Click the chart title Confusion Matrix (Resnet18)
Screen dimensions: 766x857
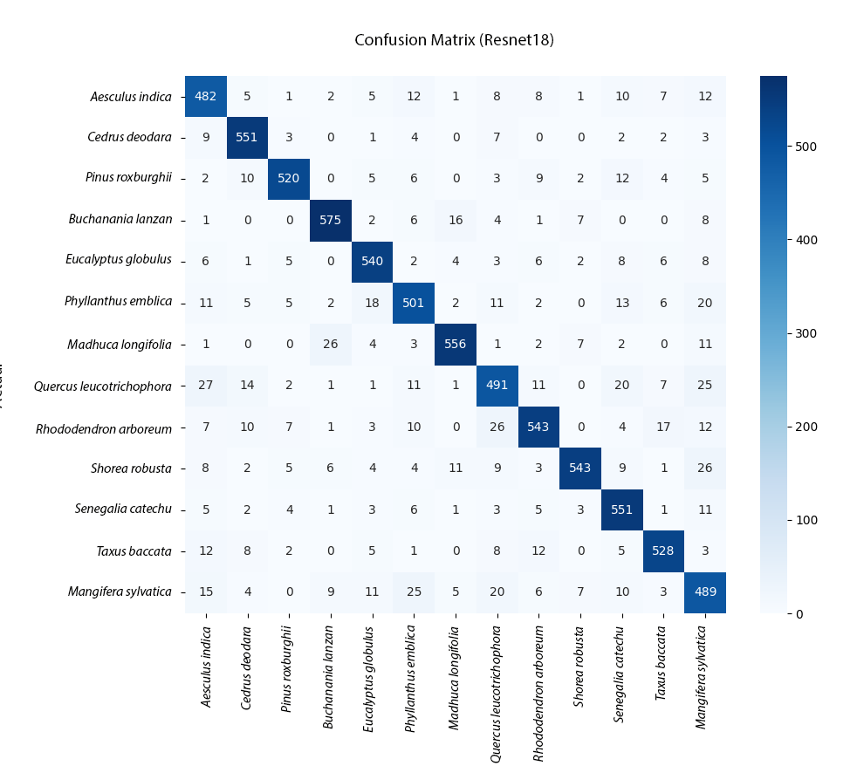pyautogui.click(x=454, y=40)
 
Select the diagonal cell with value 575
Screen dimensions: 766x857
pyautogui.click(x=331, y=220)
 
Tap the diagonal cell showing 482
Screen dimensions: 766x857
pyautogui.click(x=206, y=96)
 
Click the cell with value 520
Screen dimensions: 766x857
pyautogui.click(x=289, y=179)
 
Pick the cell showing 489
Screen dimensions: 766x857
pyautogui.click(x=703, y=592)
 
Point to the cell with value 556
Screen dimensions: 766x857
pyautogui.click(x=455, y=344)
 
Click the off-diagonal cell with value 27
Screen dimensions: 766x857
pyautogui.click(x=206, y=385)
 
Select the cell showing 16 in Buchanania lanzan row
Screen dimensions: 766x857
pyautogui.click(x=455, y=220)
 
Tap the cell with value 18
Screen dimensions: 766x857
pyautogui.click(x=372, y=303)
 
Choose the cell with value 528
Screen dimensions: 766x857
pyautogui.click(x=662, y=551)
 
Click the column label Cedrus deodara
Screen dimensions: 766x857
pyautogui.click(x=247, y=656)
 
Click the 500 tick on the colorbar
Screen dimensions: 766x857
pyautogui.click(x=802, y=147)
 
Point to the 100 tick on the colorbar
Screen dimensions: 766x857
pyautogui.click(x=802, y=520)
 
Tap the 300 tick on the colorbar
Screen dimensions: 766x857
pyautogui.click(x=802, y=333)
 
